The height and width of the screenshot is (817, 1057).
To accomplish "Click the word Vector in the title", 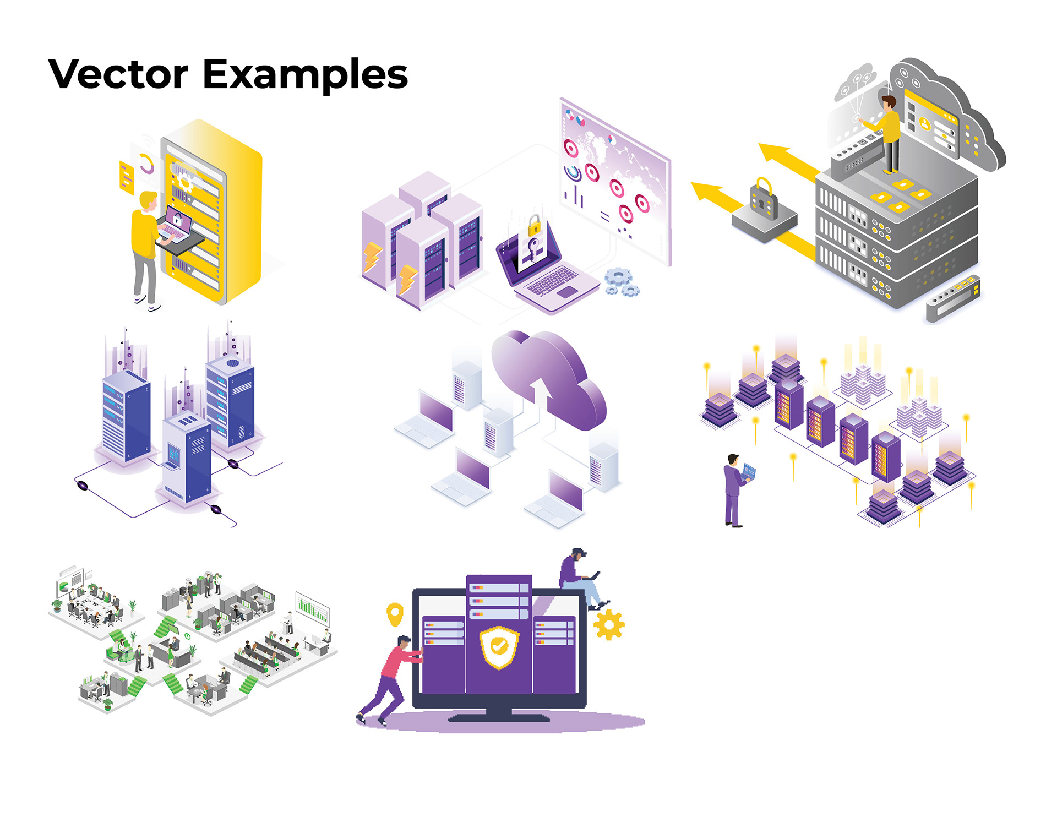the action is (x=118, y=74).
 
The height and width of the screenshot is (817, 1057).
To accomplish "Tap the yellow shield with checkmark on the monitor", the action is (x=498, y=647).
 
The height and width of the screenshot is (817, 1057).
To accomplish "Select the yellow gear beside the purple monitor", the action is (x=609, y=625).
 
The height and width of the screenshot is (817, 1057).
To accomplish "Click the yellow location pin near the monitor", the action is (x=395, y=614).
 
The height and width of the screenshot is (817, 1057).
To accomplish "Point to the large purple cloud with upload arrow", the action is (x=551, y=380).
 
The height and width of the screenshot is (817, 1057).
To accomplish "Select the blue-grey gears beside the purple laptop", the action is (x=622, y=282).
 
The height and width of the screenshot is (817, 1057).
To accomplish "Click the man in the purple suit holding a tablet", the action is (x=734, y=490).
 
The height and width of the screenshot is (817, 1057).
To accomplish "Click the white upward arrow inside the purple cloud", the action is (x=541, y=394).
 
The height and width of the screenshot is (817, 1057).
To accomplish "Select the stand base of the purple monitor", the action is (x=499, y=716).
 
